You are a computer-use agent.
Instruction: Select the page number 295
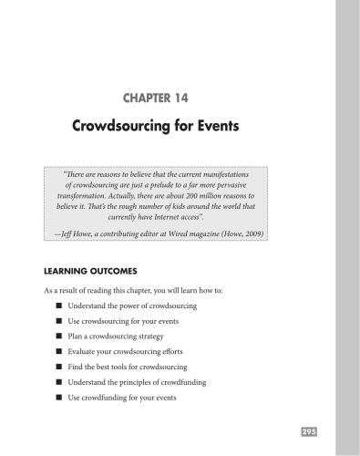click(308, 430)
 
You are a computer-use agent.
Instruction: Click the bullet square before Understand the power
click(57, 306)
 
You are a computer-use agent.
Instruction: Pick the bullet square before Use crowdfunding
click(57, 399)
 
